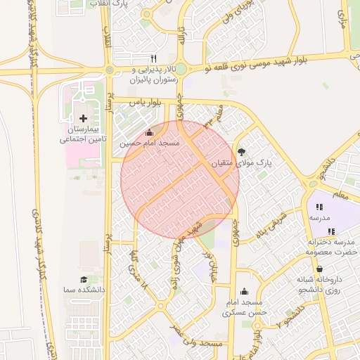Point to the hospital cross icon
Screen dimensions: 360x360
pyautogui.click(x=84, y=118)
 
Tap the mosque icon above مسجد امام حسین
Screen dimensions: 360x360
pyautogui.click(x=148, y=132)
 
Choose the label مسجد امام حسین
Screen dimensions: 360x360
pyautogui.click(x=149, y=143)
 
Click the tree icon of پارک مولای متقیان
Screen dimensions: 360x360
pyautogui.click(x=242, y=152)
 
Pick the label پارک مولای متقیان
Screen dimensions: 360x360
pyautogui.click(x=242, y=163)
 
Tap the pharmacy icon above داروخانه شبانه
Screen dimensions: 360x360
pyautogui.click(x=321, y=269)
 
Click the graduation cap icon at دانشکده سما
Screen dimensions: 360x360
pyautogui.click(x=84, y=280)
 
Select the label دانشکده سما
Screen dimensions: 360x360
pyautogui.click(x=84, y=290)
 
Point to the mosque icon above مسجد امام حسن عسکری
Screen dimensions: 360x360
pyautogui.click(x=244, y=292)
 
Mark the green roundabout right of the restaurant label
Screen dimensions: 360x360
pyautogui.click(x=181, y=69)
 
